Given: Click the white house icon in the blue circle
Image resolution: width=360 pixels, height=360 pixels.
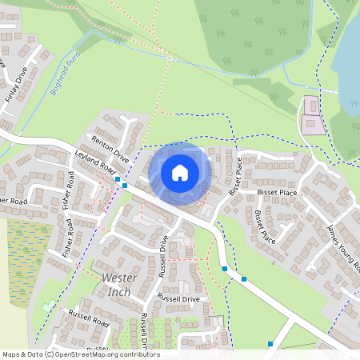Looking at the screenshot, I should click(x=180, y=172).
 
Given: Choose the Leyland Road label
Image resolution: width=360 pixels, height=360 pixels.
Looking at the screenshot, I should click(x=94, y=162).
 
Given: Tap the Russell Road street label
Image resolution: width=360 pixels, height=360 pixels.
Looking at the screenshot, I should click(x=88, y=318).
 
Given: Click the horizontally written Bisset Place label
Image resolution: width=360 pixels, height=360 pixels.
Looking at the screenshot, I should click(x=278, y=193).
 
